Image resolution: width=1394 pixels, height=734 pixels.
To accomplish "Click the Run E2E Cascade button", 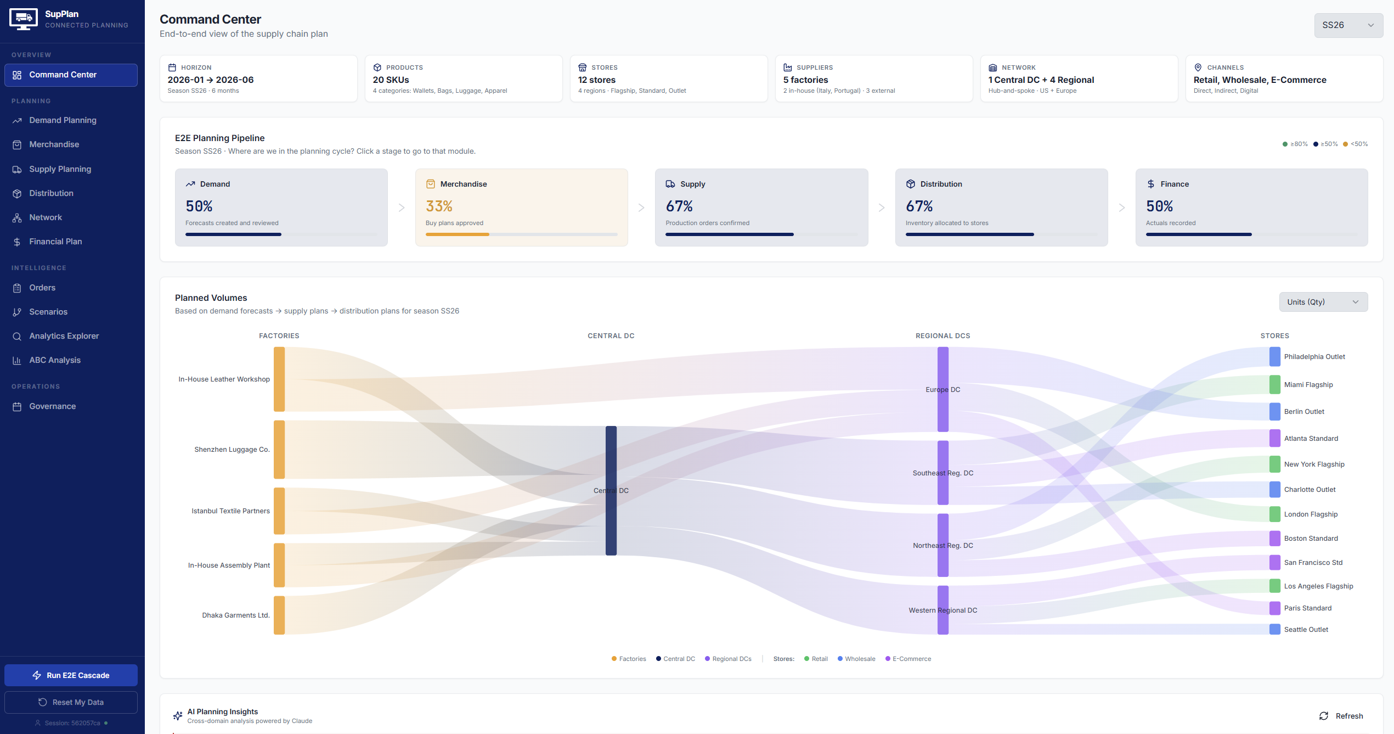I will click(x=71, y=675).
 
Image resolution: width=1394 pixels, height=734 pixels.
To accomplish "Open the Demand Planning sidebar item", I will click(x=63, y=120).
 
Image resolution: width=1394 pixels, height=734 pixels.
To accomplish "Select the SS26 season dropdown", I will click(x=1347, y=25).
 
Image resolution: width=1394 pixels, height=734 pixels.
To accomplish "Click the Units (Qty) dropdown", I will click(x=1323, y=302).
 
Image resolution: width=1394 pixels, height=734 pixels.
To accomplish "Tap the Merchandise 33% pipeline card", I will click(x=521, y=207).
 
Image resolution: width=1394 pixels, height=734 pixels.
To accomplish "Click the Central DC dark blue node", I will click(x=611, y=490).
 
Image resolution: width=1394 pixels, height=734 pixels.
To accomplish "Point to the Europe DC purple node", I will click(x=942, y=389).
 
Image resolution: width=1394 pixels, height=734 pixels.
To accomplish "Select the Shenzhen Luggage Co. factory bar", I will click(x=279, y=449).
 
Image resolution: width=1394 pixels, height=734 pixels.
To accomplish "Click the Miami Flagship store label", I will click(x=1308, y=385).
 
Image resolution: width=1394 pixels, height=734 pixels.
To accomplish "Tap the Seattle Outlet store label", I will click(x=1306, y=630).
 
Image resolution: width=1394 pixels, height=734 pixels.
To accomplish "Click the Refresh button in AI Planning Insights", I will click(x=1341, y=716).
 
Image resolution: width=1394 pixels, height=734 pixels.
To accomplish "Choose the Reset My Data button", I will click(x=71, y=702).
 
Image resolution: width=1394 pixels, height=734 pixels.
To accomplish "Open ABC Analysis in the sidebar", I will click(x=55, y=360).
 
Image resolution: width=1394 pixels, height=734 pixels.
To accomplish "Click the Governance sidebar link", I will click(x=52, y=406).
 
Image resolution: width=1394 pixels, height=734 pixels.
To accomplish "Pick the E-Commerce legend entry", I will click(x=911, y=659).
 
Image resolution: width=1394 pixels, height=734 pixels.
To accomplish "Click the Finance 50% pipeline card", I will click(x=1251, y=207).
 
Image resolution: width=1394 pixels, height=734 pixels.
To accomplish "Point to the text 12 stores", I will click(x=596, y=80).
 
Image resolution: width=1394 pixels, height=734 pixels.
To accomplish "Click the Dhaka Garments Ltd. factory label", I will click(x=236, y=615).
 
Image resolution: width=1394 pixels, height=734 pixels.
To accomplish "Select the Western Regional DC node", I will click(x=942, y=610).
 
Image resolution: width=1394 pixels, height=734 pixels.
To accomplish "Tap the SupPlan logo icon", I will click(x=24, y=19).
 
